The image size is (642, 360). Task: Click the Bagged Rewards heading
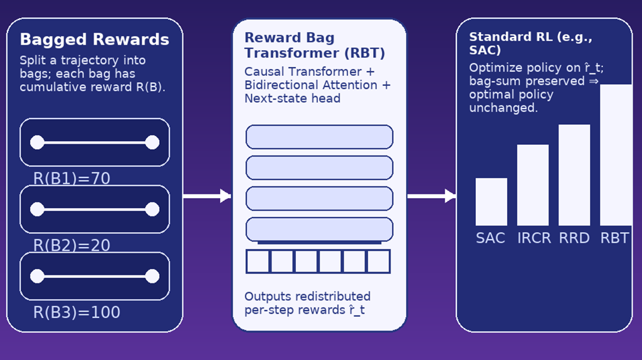94,40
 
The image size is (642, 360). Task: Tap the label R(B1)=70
71,179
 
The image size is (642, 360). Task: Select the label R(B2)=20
71,245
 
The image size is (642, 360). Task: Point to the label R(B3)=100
76,312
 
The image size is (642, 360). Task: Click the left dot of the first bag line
37,142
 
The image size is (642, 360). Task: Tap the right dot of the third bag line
152,276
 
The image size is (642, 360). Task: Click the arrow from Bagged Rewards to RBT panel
207,196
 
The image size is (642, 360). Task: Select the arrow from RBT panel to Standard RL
431,196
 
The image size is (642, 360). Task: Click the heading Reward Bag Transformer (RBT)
315,45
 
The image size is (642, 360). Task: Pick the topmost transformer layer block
319,137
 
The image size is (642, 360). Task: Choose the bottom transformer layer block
319,229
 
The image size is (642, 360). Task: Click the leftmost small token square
258,262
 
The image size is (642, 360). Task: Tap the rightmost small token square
378,262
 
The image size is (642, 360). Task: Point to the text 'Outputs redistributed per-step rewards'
307,302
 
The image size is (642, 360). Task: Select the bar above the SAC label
491,202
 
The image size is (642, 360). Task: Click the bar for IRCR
533,185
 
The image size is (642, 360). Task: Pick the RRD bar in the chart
574,175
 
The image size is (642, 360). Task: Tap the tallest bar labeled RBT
616,155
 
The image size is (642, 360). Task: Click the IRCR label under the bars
533,238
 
